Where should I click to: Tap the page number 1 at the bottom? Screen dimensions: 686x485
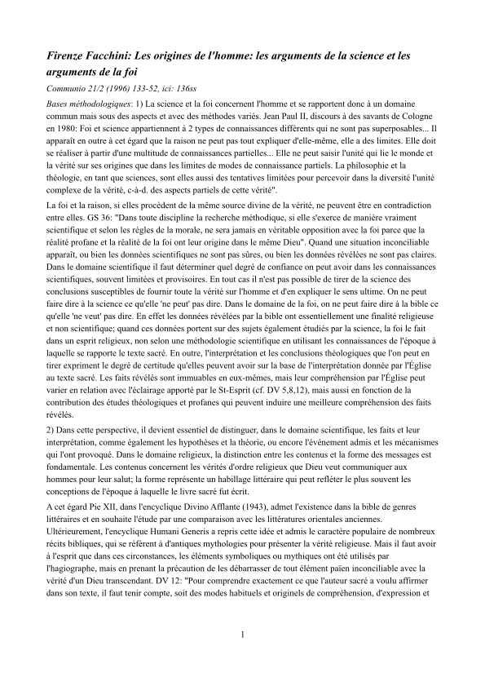pyautogui.click(x=242, y=657)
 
